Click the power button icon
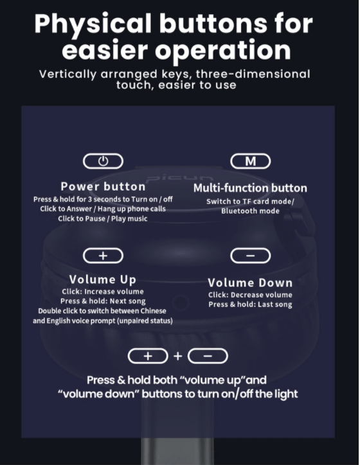(103, 161)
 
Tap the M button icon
(251, 161)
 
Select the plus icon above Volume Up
(103, 256)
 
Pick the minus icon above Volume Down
(251, 256)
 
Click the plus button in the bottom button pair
(148, 356)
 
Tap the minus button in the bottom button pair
(208, 356)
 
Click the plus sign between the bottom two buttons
(178, 356)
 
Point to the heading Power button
(103, 186)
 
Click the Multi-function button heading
(250, 188)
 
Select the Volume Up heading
(103, 279)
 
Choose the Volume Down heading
(250, 283)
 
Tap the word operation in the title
(223, 50)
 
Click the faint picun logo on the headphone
(179, 179)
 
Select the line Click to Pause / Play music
(103, 219)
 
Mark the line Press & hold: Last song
(250, 304)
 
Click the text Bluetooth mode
(250, 211)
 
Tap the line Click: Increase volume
(103, 292)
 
